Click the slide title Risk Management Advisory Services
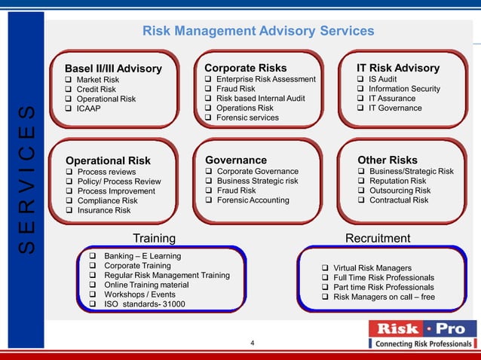click(258, 31)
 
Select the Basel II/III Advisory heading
click(113, 69)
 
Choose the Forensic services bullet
click(247, 118)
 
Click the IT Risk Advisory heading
click(398, 68)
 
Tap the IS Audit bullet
click(389, 79)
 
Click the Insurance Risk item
click(103, 211)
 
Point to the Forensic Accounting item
click(253, 200)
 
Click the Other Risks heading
click(388, 160)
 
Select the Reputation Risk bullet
click(397, 181)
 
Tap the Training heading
click(155, 239)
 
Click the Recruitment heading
click(377, 239)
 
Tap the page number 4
click(252, 344)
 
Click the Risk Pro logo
click(421, 334)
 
